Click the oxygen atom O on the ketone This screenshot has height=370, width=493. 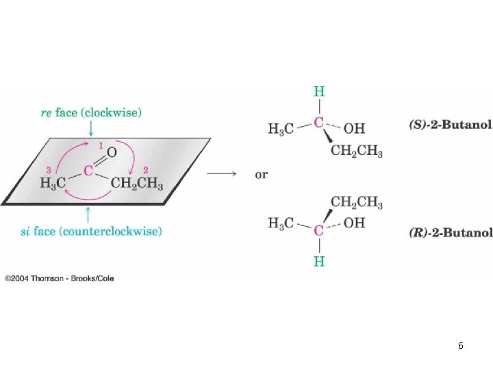click(x=112, y=152)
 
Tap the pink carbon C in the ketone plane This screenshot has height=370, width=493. click(x=88, y=171)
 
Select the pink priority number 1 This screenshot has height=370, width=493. click(x=101, y=145)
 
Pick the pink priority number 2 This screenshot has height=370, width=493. click(x=146, y=170)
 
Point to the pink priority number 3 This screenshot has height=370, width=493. click(x=49, y=170)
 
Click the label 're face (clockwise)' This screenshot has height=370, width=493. click(x=91, y=112)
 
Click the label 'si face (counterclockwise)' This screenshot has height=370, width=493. click(x=91, y=232)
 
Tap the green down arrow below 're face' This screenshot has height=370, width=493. click(x=91, y=128)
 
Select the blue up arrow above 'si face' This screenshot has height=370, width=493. click(x=88, y=214)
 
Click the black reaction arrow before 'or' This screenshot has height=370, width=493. click(x=221, y=173)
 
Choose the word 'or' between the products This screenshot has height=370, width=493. click(x=262, y=174)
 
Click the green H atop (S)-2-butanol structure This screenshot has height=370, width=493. click(x=319, y=92)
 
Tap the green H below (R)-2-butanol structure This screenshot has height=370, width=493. click(x=319, y=262)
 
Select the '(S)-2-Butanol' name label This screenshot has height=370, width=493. click(x=451, y=125)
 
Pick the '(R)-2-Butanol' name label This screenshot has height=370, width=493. click(x=451, y=232)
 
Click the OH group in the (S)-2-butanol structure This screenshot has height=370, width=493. click(x=355, y=129)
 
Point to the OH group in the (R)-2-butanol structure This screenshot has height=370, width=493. click(x=355, y=223)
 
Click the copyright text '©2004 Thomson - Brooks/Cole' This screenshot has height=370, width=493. click(x=60, y=278)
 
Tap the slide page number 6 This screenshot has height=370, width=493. click(x=461, y=345)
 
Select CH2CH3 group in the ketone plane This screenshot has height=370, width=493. click(x=137, y=184)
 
